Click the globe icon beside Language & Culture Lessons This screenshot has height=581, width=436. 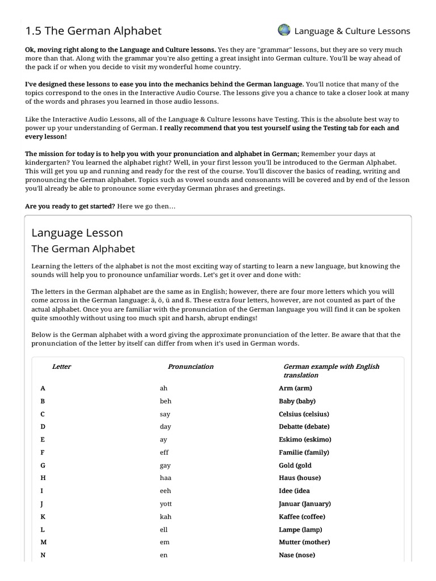[x=284, y=30]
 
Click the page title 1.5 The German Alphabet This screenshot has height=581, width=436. [x=94, y=31]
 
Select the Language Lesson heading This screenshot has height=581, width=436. [x=77, y=233]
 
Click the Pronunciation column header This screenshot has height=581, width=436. [x=191, y=367]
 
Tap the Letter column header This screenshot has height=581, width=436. [x=61, y=367]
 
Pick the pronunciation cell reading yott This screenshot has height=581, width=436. [x=166, y=504]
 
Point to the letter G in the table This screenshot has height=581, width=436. [x=43, y=465]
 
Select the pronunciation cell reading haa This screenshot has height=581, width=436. [x=165, y=478]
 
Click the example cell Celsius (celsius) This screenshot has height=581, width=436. [x=304, y=414]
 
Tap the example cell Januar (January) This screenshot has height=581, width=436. [x=305, y=504]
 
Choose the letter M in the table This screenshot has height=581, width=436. [x=43, y=542]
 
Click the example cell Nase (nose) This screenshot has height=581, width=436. [x=296, y=555]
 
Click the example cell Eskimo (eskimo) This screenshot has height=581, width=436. [x=305, y=440]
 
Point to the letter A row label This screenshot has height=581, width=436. [x=43, y=389]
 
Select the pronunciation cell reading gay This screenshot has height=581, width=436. [x=165, y=465]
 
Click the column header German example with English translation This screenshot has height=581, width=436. [x=331, y=371]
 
